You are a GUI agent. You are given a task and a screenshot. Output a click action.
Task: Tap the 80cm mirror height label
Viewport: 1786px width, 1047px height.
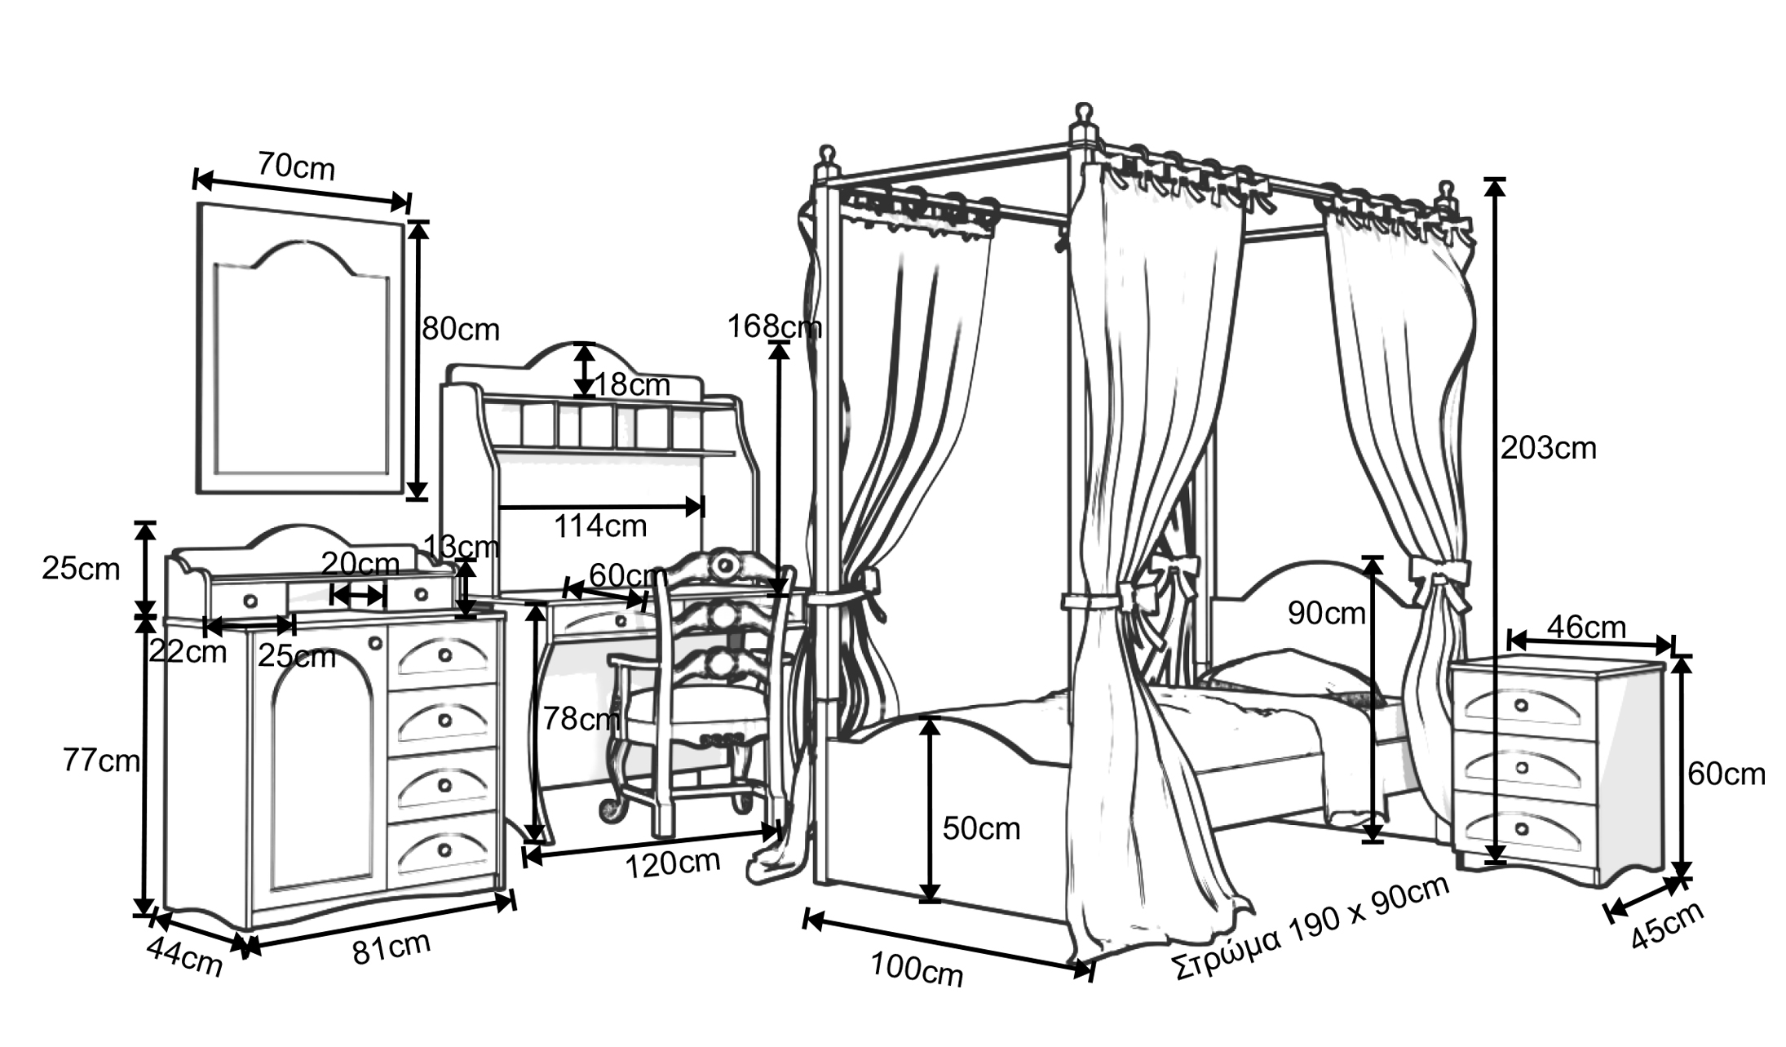[x=460, y=329]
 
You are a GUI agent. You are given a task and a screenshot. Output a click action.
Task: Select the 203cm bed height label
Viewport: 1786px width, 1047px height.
[x=1548, y=448]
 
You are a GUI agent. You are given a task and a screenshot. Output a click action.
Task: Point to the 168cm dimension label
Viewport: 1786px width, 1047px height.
[x=773, y=326]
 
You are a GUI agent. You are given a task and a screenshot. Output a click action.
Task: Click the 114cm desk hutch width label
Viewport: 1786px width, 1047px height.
[x=600, y=526]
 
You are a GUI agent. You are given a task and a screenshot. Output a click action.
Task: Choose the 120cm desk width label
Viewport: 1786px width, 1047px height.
[x=672, y=863]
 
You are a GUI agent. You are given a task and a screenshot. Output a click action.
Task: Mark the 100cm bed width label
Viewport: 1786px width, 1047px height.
[x=917, y=969]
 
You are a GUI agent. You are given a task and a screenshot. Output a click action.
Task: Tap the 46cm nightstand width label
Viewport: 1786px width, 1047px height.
[x=1586, y=627]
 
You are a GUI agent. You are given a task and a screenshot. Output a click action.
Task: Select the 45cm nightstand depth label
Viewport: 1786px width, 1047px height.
[x=1667, y=925]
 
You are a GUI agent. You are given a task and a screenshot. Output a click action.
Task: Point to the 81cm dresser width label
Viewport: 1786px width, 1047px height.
[x=391, y=948]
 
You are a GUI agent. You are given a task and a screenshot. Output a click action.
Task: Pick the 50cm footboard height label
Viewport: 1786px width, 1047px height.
[x=981, y=828]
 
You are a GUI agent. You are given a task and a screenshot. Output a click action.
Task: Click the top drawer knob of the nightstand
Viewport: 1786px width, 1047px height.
[x=1522, y=705]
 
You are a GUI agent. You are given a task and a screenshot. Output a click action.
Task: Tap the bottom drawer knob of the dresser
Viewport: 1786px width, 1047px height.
[x=444, y=850]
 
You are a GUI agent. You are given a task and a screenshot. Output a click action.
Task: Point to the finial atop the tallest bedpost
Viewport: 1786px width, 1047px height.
[x=1083, y=113]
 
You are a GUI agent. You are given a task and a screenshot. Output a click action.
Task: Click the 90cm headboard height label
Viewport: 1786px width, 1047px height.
[x=1326, y=613]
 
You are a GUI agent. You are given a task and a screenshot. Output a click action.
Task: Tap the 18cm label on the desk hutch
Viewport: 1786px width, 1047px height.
[x=632, y=384]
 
